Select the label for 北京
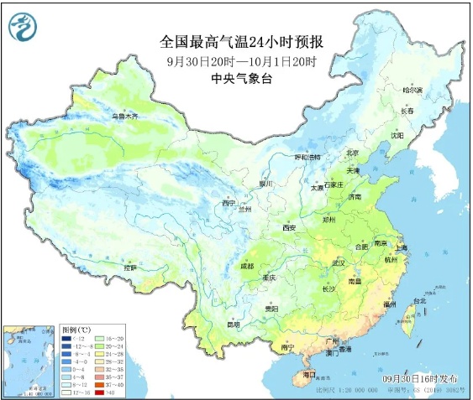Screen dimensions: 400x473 pos(354,153)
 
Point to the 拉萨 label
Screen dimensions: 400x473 pos(129,268)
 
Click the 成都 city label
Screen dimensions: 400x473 pos(245,266)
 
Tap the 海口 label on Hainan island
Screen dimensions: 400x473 pos(309,374)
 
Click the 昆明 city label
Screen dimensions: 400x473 pos(233,324)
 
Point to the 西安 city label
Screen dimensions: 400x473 pos(289,227)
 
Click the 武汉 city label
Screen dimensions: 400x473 pos(339,262)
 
